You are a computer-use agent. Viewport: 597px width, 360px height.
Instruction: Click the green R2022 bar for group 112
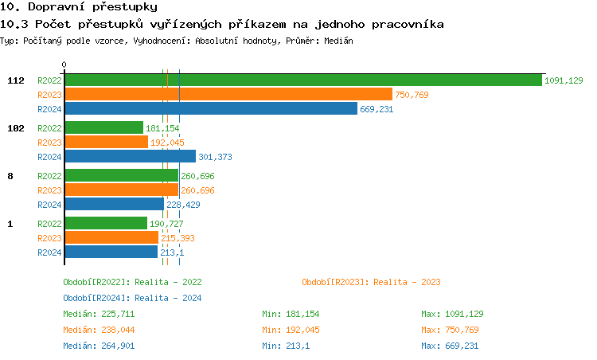(x=302, y=80)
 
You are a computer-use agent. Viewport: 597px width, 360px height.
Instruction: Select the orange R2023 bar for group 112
(x=228, y=94)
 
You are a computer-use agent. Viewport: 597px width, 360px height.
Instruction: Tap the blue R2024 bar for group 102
(x=129, y=156)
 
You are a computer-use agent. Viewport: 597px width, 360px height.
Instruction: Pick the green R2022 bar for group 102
(x=103, y=127)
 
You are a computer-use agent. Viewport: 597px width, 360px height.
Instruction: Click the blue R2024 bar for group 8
(x=114, y=204)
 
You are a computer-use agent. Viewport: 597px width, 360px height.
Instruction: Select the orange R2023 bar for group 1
(x=111, y=237)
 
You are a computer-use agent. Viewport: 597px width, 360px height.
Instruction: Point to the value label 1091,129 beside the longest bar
(x=564, y=80)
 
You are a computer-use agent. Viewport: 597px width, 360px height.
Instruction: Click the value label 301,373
(x=215, y=157)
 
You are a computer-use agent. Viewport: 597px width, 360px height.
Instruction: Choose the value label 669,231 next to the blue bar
(x=377, y=109)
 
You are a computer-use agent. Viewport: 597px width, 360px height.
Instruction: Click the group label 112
(x=16, y=80)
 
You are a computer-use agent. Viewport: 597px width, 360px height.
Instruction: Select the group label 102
(x=16, y=128)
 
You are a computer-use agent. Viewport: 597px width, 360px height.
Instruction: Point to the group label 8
(x=10, y=176)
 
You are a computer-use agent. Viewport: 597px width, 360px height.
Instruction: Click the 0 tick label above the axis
(x=64, y=65)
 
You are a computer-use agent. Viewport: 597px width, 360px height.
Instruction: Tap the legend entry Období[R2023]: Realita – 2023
(x=371, y=282)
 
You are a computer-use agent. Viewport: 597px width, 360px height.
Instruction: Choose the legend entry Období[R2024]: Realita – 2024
(x=132, y=298)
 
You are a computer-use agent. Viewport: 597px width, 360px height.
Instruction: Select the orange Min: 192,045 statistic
(x=291, y=330)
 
